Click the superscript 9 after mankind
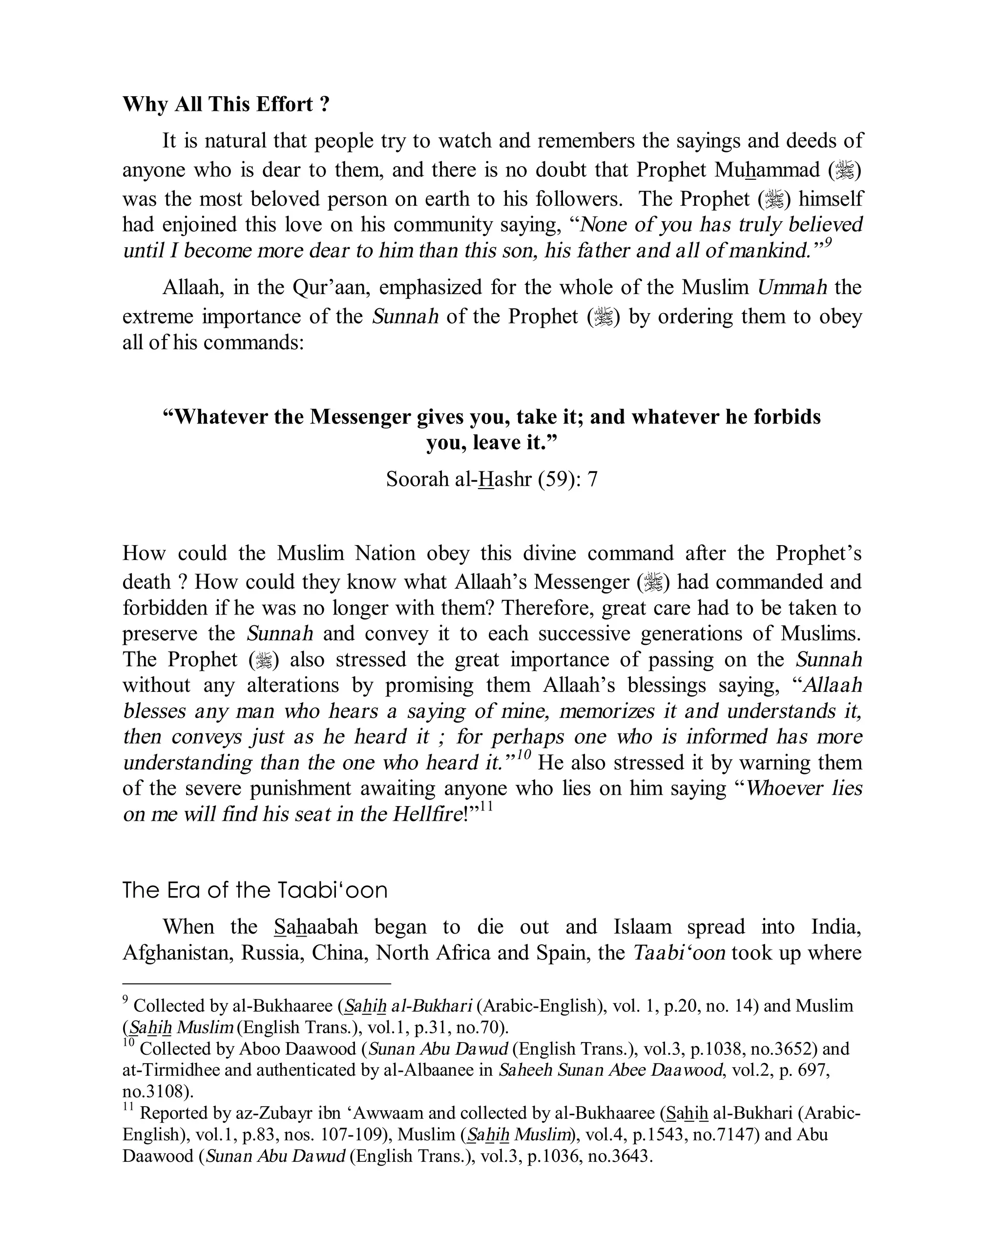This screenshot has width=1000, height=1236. pos(828,243)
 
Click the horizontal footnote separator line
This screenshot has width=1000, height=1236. pos(256,983)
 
